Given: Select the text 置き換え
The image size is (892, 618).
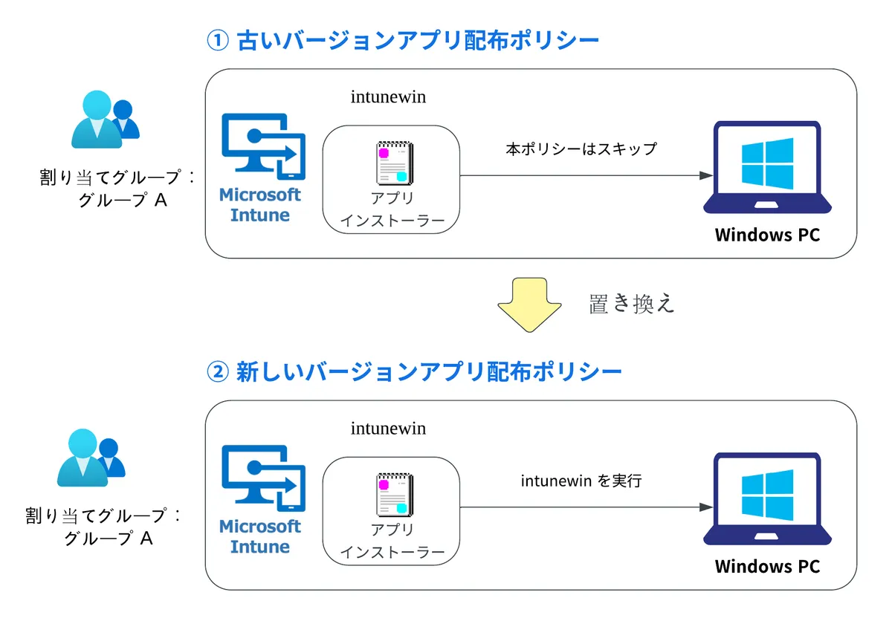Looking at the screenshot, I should click(631, 304).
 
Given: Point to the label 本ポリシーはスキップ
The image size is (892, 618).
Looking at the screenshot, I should click(581, 149).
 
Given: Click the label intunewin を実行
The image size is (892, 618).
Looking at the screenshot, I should click(581, 481).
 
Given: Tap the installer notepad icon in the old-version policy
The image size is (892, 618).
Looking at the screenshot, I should click(392, 163).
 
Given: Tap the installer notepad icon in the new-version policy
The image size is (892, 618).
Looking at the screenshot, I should click(392, 495).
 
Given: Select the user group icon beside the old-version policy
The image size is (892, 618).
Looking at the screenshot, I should click(105, 119).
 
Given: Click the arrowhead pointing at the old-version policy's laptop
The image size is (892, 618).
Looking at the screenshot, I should click(705, 176).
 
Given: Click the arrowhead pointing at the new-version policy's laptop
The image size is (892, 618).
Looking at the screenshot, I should click(705, 508).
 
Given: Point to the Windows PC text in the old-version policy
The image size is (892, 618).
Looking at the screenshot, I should click(768, 235).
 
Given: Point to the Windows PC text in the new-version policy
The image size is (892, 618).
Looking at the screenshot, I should click(768, 567).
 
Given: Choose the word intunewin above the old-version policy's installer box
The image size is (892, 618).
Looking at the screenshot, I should click(388, 97).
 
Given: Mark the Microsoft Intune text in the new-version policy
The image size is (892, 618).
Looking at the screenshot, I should click(260, 537).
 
